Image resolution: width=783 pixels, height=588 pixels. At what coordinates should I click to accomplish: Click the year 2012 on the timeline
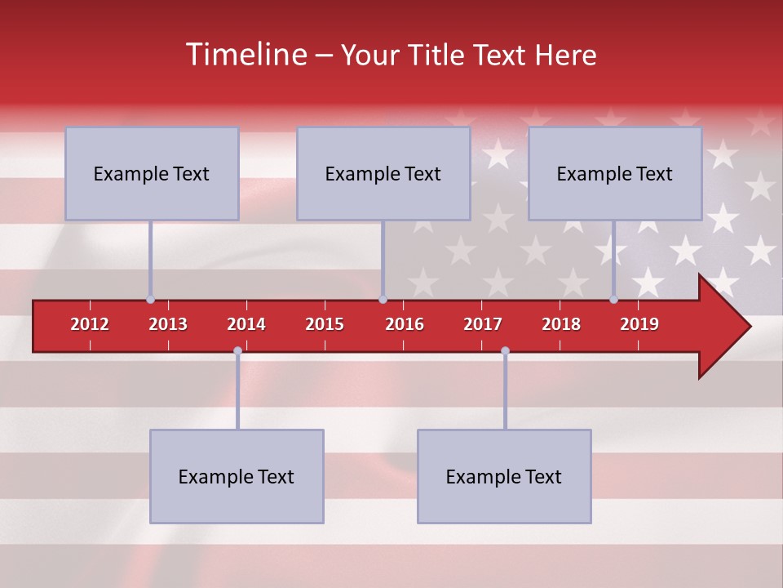(90, 324)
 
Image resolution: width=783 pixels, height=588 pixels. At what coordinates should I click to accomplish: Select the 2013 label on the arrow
(168, 324)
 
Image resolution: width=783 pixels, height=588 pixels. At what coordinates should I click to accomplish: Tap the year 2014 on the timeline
(246, 324)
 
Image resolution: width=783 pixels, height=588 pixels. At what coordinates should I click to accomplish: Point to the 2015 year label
(325, 324)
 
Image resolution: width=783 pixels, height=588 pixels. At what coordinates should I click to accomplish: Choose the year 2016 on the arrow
(405, 324)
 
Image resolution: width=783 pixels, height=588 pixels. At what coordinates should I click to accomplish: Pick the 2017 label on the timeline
(483, 324)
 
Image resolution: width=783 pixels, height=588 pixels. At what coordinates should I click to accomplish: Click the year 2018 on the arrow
(561, 324)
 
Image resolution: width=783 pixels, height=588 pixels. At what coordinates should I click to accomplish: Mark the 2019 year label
(639, 324)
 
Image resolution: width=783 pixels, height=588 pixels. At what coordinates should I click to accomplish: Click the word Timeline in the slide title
(246, 55)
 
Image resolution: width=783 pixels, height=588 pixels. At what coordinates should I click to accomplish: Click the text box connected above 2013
(152, 173)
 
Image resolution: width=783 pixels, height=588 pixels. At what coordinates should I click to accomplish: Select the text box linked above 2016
(383, 173)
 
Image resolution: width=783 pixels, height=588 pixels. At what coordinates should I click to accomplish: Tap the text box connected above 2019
(615, 173)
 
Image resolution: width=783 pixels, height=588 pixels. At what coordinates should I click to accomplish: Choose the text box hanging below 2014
(237, 476)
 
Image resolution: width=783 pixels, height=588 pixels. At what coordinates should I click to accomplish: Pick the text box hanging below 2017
(504, 476)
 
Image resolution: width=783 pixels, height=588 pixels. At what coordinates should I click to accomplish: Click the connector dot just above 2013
(151, 300)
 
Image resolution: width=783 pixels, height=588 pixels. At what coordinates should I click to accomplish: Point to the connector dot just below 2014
(237, 351)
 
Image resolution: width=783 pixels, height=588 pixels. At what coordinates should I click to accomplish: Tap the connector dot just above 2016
(383, 300)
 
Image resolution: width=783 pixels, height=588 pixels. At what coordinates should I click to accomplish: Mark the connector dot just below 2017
(505, 351)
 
